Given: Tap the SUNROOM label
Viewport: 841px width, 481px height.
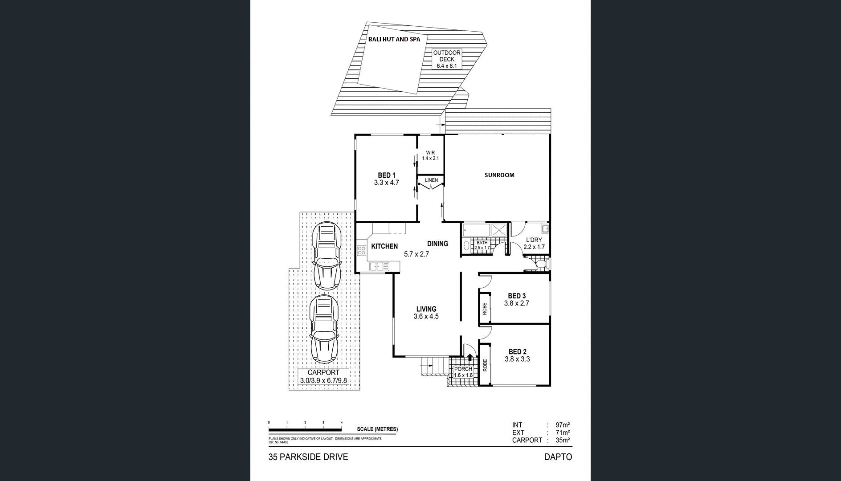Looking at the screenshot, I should point(499,175).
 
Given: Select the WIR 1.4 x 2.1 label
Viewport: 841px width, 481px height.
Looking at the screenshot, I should point(430,155).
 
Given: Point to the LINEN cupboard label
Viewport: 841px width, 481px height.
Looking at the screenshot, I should point(431,180).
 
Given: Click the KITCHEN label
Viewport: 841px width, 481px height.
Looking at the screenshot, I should point(384,246).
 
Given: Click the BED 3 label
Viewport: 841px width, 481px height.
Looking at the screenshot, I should point(517,296).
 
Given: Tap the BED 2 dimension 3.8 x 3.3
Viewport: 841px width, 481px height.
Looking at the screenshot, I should point(517,359).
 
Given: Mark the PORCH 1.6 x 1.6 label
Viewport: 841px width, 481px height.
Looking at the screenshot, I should point(463,372).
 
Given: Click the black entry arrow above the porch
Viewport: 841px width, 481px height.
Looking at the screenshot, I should point(470,357).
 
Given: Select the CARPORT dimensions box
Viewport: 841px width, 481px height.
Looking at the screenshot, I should point(323,377).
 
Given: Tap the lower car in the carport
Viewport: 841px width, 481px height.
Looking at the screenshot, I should point(324,328).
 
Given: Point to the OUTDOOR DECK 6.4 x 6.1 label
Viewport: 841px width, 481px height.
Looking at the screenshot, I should point(447,59).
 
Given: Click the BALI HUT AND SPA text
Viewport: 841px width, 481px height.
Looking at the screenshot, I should point(394,39).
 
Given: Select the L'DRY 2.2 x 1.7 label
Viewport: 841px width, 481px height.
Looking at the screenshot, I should point(534,243).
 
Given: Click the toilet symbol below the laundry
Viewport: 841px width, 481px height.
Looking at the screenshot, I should point(540,265).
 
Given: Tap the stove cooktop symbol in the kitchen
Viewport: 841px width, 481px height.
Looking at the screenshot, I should point(361,249).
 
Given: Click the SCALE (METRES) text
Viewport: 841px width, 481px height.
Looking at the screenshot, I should point(377,429).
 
